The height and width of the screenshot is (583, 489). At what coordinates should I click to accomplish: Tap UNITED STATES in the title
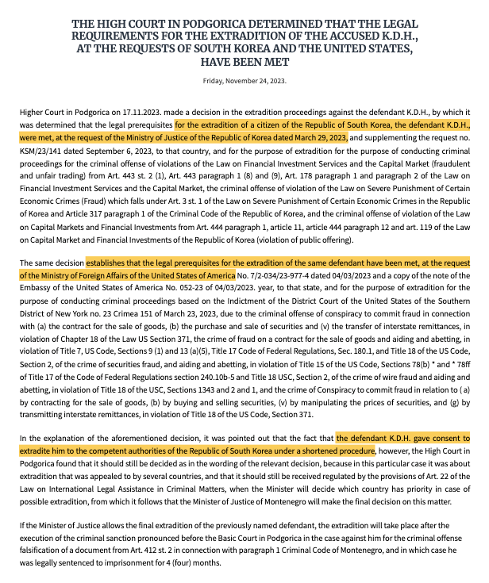coord(368,48)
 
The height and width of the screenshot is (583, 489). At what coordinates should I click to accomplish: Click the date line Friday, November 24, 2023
coord(244,80)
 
